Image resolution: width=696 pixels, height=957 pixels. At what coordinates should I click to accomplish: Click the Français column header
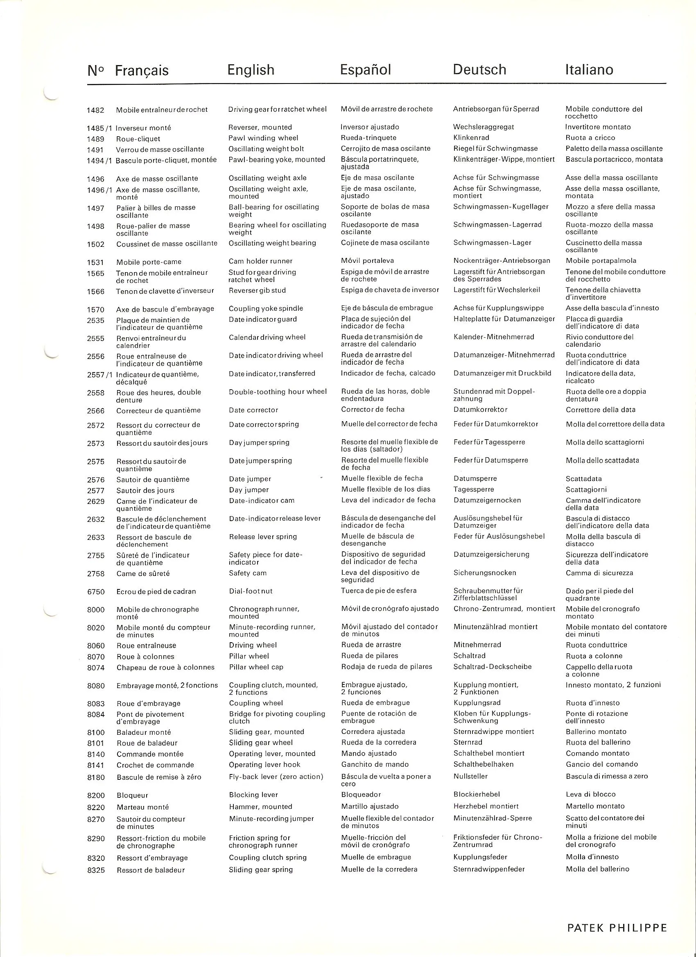click(x=141, y=70)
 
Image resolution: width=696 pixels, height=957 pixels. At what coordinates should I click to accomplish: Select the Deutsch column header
click(x=479, y=70)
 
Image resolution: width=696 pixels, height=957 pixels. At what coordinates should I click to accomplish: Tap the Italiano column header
click(x=589, y=70)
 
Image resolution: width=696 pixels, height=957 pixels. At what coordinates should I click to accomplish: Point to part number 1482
click(x=95, y=111)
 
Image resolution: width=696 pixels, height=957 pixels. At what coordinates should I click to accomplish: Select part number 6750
click(x=96, y=592)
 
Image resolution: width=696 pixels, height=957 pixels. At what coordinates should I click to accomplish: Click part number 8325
click(x=96, y=870)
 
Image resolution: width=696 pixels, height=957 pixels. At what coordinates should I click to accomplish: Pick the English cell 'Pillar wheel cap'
click(x=256, y=667)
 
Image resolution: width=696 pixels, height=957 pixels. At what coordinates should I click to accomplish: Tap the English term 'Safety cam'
click(x=247, y=573)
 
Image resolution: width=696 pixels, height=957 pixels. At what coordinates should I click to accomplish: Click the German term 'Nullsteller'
click(x=470, y=776)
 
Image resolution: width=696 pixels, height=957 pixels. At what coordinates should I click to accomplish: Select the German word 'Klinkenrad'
click(x=471, y=138)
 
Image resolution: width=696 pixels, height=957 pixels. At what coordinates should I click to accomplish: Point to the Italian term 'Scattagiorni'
click(x=586, y=490)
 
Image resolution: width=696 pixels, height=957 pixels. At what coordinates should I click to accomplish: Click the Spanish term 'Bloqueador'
click(x=361, y=794)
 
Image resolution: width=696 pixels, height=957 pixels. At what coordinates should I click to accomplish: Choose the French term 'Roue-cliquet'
click(x=138, y=139)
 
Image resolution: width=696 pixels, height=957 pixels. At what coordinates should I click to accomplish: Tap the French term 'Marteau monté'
click(x=142, y=807)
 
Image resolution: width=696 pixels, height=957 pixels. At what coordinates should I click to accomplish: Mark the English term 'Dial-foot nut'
click(x=250, y=591)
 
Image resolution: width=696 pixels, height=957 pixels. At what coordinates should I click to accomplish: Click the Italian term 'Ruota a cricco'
click(x=590, y=138)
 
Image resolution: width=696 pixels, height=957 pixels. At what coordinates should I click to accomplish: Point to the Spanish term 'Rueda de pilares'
click(x=369, y=656)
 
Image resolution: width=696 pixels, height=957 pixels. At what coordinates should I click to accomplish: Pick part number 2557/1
click(x=99, y=375)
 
